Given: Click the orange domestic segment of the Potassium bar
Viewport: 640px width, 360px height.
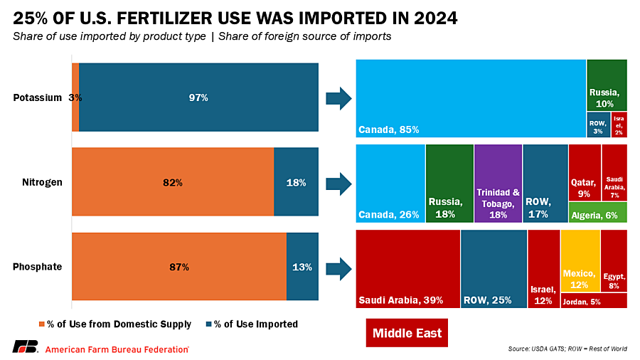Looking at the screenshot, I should (x=75, y=97).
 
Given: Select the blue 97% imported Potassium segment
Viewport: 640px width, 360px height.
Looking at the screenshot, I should (x=198, y=97).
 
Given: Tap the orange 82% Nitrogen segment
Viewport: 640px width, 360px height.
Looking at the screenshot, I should (x=173, y=182).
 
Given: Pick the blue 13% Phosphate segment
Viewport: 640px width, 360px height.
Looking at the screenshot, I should (x=302, y=267).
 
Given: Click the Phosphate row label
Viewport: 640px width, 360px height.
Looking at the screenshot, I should (x=38, y=267).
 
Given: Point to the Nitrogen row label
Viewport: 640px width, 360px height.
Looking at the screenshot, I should (x=42, y=182).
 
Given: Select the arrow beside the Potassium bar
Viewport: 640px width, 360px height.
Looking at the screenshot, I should (x=338, y=98).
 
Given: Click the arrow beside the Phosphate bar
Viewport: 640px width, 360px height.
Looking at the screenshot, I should (x=338, y=268).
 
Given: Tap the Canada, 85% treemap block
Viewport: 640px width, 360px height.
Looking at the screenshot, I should (x=470, y=98).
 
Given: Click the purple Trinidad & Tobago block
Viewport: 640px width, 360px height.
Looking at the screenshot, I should (x=498, y=183).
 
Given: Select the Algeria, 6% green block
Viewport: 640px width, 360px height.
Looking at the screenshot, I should (x=597, y=212).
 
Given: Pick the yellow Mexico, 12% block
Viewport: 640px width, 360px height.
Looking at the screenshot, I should (x=580, y=260).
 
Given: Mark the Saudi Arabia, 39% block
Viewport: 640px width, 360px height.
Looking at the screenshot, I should (x=407, y=268).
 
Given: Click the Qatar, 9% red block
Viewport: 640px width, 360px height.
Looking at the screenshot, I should (x=585, y=172).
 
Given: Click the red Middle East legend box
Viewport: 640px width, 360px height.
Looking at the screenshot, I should (x=407, y=333).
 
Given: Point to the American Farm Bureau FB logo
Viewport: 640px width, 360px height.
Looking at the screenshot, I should (x=25, y=347).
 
